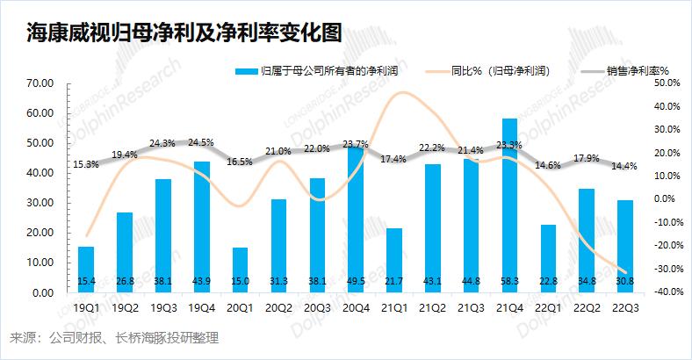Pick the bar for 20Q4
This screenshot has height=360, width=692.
(355, 220)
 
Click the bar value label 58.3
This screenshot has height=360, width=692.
(509, 281)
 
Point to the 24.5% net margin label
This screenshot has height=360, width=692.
(202, 141)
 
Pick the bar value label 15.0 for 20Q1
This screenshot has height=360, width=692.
(240, 281)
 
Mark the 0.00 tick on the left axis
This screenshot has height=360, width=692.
(43, 292)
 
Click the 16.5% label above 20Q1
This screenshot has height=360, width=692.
(240, 162)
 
